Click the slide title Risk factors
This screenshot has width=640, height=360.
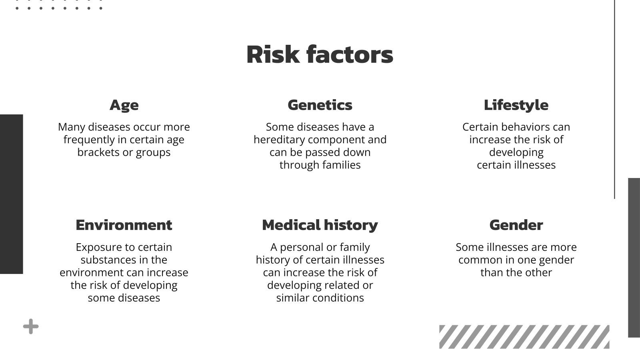[320, 54]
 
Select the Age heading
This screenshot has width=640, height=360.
[124, 105]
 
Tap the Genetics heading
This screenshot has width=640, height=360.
[320, 105]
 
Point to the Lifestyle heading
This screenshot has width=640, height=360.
[516, 105]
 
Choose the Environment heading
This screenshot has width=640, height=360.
[124, 225]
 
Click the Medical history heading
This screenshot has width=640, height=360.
[320, 225]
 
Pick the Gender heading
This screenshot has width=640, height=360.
[516, 225]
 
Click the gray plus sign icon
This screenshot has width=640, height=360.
[31, 327]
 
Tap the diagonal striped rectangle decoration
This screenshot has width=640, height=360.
[524, 337]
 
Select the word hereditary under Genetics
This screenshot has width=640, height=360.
[279, 140]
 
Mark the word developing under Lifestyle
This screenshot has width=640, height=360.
[516, 152]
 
